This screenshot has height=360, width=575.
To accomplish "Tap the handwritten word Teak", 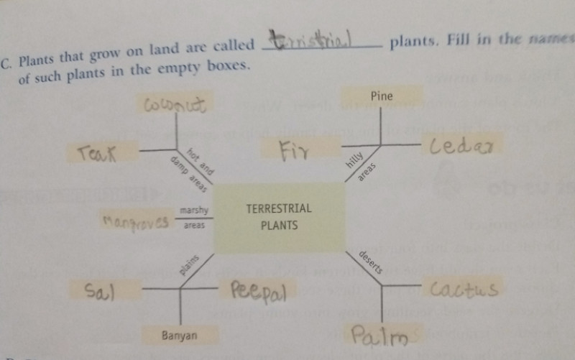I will tap(98, 152).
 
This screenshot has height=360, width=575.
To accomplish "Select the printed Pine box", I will tap(382, 96).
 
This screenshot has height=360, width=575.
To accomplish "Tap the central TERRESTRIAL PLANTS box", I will tap(279, 217).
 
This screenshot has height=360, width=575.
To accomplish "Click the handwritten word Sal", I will tap(101, 290).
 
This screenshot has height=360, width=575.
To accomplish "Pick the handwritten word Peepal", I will tap(259, 292).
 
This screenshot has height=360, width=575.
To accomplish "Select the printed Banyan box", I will tap(179, 335).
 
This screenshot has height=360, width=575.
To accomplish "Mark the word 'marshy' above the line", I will tap(193, 211).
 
